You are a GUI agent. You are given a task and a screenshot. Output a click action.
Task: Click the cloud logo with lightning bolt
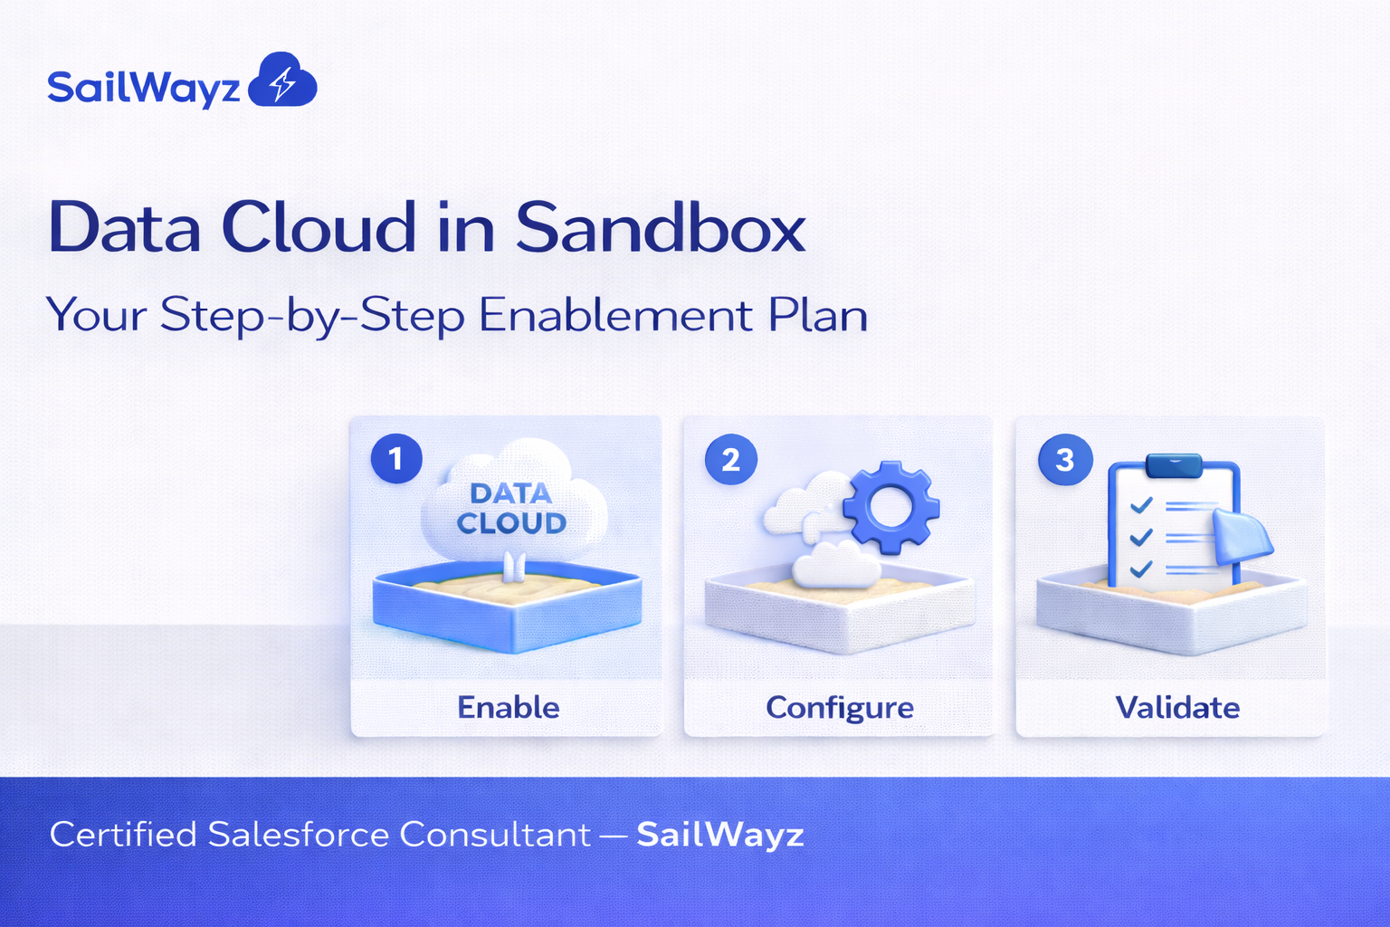[x=282, y=81]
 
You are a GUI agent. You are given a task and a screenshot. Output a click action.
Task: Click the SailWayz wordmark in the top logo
[x=143, y=89]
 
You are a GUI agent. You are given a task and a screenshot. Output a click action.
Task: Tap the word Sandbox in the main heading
[x=660, y=227]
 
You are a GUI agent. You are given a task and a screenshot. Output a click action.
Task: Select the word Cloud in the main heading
[x=319, y=227]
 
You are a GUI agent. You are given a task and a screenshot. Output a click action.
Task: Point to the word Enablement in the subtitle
[x=615, y=315]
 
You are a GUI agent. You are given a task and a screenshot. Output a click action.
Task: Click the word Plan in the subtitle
[x=818, y=315]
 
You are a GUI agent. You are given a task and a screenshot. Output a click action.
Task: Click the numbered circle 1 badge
[x=396, y=459]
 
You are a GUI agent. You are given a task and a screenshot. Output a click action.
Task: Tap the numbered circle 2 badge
[x=730, y=459]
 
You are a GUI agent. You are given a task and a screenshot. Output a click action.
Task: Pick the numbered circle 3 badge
[x=1065, y=459]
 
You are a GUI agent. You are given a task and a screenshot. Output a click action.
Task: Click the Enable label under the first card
[x=508, y=707]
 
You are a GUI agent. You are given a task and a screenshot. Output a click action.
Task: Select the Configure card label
[x=840, y=707]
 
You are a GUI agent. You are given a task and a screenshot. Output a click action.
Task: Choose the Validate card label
[x=1177, y=707]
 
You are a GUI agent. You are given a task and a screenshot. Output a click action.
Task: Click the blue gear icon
[x=891, y=506]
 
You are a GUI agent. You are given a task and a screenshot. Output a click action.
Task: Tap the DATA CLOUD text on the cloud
[x=511, y=508]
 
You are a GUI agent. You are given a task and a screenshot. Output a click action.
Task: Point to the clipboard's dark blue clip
[x=1173, y=465]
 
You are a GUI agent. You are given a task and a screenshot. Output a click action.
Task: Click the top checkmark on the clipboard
[x=1141, y=504]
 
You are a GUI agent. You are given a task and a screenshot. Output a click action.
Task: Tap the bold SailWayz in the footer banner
[x=719, y=834]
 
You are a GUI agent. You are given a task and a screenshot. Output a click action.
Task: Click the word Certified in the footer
[x=123, y=834]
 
